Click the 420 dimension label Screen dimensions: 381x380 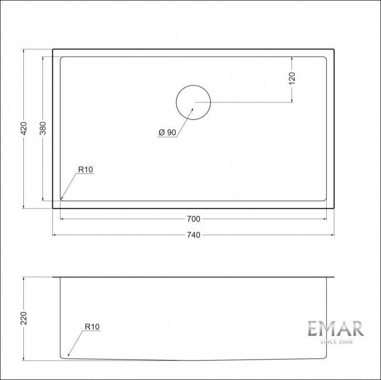(x=23, y=128)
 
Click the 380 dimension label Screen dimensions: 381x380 (x=43, y=128)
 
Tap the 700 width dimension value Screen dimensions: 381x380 (x=194, y=219)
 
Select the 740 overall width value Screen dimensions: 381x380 (x=194, y=235)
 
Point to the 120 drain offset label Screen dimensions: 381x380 (x=292, y=78)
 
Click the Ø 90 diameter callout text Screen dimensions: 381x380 (x=167, y=132)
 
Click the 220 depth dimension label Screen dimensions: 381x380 (x=23, y=318)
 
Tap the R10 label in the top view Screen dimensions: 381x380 (x=86, y=170)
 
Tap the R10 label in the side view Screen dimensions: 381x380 (x=92, y=327)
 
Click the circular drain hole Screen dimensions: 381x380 (x=193, y=85)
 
